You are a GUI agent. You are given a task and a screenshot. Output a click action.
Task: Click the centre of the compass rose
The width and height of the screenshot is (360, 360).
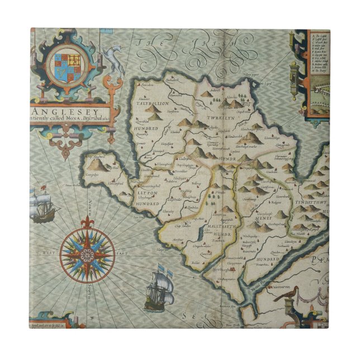86,255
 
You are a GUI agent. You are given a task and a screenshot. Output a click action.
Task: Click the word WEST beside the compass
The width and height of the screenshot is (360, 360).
46,253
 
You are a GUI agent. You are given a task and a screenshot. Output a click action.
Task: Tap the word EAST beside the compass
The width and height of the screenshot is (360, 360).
121,253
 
